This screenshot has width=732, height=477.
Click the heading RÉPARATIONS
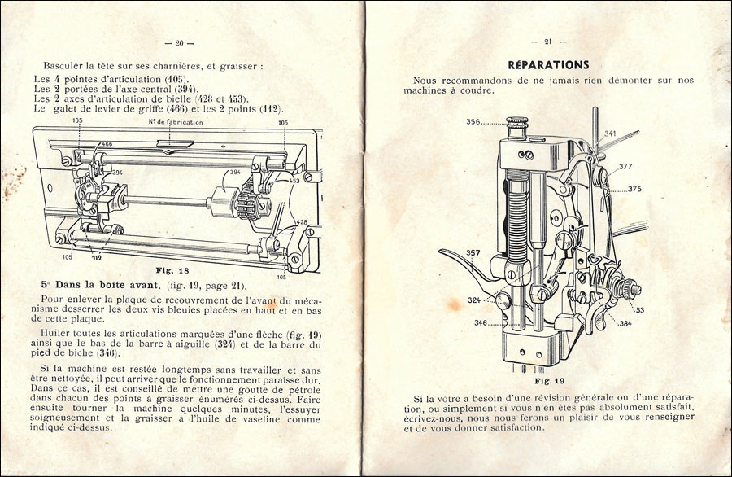548,65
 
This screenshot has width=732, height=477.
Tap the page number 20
179,43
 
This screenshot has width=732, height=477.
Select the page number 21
548,42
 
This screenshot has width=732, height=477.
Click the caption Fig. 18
172,270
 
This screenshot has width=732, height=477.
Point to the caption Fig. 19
550,381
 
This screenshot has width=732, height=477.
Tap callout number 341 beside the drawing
610,133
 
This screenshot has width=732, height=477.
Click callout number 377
625,166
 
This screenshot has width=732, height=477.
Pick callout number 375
634,189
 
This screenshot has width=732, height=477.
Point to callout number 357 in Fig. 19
473,253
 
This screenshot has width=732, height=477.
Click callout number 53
639,310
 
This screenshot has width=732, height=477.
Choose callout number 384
625,323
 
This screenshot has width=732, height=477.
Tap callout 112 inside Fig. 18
97,257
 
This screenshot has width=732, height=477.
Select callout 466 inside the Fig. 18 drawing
107,144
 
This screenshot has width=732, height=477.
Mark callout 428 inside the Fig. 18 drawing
302,222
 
